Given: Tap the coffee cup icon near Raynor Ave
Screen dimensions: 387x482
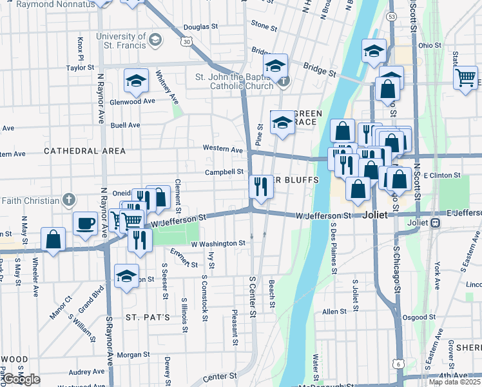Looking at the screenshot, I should pyautogui.click(x=85, y=224).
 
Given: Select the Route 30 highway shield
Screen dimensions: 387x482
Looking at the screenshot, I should pyautogui.click(x=186, y=41).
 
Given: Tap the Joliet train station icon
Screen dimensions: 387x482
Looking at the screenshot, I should pyautogui.click(x=436, y=223).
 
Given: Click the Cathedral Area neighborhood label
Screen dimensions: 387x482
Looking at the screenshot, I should pyautogui.click(x=84, y=150).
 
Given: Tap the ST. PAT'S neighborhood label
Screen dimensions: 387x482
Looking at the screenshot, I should pyautogui.click(x=148, y=317).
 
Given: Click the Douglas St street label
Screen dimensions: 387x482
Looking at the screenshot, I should pyautogui.click(x=200, y=27).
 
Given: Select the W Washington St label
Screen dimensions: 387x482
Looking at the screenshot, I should pyautogui.click(x=218, y=244).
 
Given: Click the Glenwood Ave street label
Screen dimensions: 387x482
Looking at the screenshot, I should pyautogui.click(x=133, y=101).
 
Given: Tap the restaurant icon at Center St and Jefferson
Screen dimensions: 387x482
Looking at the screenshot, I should pyautogui.click(x=260, y=188).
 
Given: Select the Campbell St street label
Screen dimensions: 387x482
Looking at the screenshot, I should pyautogui.click(x=224, y=172).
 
